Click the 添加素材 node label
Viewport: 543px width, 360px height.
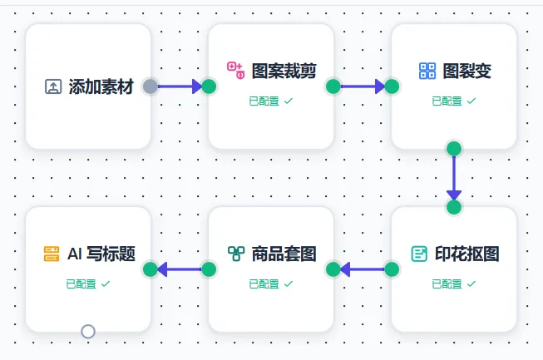coord(101,86)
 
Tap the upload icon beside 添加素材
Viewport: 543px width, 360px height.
coord(53,86)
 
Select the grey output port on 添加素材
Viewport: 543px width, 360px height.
coord(151,86)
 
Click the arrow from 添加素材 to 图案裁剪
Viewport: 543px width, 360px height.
coord(180,86)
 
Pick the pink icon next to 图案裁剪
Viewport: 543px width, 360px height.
coord(235,71)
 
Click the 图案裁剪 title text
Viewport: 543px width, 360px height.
coord(284,71)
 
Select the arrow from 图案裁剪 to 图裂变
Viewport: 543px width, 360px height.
coord(363,86)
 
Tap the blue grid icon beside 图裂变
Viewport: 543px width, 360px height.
coord(427,71)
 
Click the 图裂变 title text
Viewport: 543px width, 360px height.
coord(467,71)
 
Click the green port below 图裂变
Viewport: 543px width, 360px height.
coord(453,149)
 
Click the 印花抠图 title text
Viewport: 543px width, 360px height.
coord(467,254)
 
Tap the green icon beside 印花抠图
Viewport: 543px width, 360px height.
coord(419,254)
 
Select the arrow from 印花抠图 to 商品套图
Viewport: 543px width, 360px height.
coord(363,269)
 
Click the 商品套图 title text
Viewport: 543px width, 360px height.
coord(284,254)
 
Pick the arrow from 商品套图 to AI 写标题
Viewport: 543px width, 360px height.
coord(180,269)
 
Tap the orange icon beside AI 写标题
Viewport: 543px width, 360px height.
coord(52,254)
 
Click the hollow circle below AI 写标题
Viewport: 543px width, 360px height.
coord(88,332)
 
